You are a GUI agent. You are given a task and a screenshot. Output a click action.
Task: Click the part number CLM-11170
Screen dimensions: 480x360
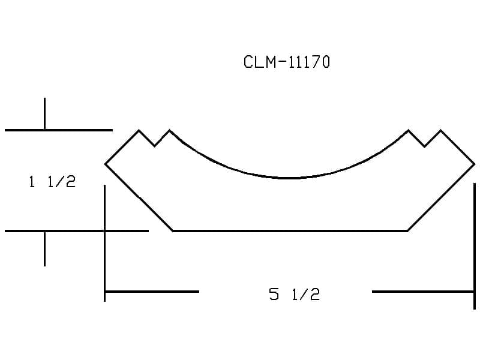287,62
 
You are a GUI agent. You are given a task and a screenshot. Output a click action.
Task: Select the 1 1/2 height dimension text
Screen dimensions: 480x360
52,182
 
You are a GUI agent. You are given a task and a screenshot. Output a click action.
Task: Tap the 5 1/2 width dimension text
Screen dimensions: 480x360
295,294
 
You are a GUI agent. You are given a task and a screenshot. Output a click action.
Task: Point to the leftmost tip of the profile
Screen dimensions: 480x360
105,164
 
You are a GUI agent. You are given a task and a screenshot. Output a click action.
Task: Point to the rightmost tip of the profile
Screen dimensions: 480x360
475,164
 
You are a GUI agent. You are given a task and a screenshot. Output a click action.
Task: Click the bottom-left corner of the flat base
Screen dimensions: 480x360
173,231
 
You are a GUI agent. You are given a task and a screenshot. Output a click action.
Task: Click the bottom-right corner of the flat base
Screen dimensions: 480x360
407,231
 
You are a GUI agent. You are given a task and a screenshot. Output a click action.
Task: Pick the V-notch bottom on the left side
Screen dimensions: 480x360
155,146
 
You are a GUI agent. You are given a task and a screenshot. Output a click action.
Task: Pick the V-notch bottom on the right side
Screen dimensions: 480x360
425,146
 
